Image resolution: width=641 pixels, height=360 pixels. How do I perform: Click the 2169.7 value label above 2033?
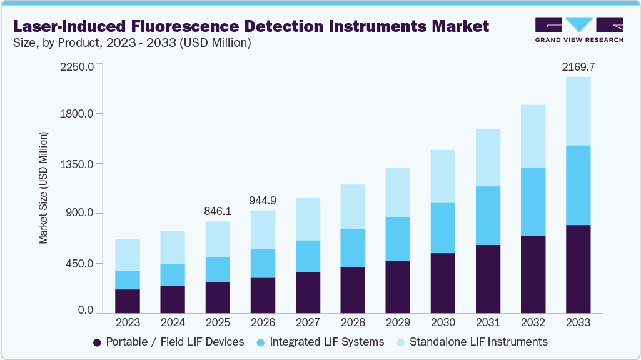(578, 67)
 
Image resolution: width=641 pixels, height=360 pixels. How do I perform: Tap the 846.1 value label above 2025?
(217, 211)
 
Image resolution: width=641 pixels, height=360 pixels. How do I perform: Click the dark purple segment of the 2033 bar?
(578, 269)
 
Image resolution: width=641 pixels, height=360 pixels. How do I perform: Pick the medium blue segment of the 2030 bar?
(443, 228)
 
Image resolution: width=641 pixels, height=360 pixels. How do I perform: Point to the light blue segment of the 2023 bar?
(128, 255)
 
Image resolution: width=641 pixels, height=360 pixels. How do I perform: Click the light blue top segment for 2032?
(533, 136)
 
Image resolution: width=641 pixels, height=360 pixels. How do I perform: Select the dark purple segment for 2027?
(308, 292)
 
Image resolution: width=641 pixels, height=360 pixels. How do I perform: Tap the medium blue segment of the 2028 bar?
(353, 248)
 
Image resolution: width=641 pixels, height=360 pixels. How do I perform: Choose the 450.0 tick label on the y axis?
(79, 263)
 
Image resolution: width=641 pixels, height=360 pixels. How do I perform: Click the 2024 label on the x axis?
(173, 322)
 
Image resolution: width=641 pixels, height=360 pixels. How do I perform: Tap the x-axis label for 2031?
(488, 322)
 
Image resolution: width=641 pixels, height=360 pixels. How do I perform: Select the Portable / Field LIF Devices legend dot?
(97, 342)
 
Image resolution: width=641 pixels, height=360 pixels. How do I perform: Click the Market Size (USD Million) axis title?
(43, 187)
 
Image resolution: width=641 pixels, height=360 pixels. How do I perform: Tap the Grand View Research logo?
(579, 30)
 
